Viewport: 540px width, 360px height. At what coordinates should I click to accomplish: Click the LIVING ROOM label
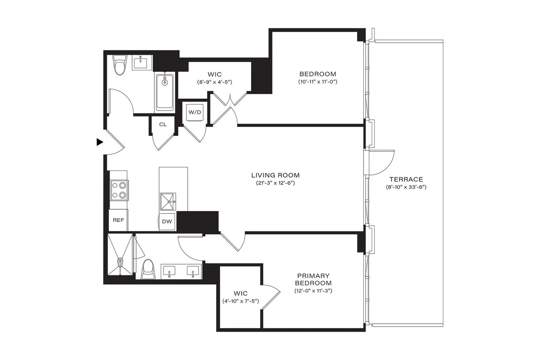(275, 175)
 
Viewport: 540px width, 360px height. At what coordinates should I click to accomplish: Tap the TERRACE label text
(406, 179)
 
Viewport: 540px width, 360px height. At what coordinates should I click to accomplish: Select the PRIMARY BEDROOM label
(313, 279)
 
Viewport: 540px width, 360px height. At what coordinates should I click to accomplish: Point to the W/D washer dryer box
(194, 113)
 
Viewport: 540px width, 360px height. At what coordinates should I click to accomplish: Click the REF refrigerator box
(118, 220)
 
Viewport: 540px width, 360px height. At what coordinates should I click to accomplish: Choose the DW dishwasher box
(167, 221)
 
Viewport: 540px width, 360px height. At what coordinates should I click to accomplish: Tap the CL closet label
(163, 125)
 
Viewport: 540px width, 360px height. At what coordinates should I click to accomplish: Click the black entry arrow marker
(100, 142)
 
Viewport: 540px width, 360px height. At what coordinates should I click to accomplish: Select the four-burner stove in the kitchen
(119, 189)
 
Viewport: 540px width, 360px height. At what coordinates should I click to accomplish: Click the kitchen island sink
(168, 201)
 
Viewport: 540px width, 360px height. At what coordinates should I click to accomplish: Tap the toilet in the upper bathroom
(120, 65)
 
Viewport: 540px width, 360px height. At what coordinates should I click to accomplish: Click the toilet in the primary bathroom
(148, 269)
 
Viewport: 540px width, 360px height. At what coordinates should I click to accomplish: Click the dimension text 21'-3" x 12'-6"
(275, 183)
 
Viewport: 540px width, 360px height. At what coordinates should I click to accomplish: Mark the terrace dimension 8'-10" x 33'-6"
(406, 187)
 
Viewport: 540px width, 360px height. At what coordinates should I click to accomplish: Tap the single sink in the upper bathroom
(140, 63)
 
